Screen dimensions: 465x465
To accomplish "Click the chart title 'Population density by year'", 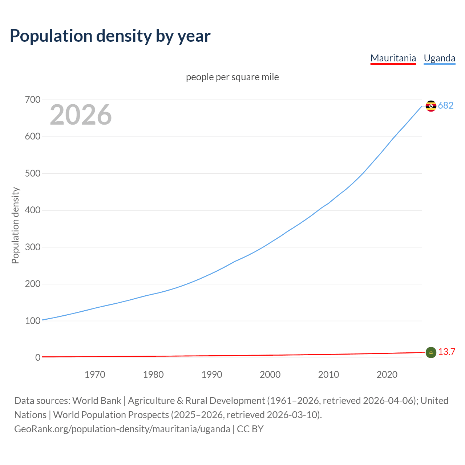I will [110, 36].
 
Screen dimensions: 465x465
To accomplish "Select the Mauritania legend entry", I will [393, 58].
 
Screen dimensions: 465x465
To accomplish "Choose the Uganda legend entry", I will [439, 58].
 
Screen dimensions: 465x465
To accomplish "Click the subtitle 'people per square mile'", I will [232, 77].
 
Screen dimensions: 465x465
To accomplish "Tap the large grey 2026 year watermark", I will [81, 115].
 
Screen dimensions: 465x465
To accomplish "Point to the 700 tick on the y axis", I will [33, 100].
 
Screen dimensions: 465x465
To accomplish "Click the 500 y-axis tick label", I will [33, 173].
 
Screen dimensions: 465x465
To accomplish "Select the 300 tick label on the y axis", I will [33, 247].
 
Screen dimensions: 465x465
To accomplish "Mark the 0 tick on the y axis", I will [38, 357].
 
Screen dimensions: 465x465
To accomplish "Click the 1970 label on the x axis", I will [95, 375].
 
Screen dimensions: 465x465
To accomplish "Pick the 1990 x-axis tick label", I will [212, 375].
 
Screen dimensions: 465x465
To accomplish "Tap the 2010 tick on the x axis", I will [328, 375].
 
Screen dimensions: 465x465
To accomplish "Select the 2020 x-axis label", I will [387, 375].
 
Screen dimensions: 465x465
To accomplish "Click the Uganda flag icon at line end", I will [431, 106].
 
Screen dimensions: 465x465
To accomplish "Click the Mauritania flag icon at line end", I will [431, 352].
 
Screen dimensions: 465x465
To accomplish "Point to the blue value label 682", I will [446, 106].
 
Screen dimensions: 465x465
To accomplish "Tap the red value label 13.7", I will [446, 352].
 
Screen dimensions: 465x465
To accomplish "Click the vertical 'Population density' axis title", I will [15, 225].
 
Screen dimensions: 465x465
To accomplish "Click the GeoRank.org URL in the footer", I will [122, 429].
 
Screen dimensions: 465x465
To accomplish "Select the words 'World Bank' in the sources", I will [97, 401].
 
